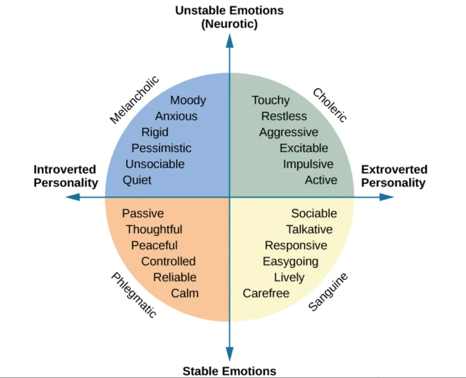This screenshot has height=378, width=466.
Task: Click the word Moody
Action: click(188, 101)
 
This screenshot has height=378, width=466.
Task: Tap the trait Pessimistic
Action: click(161, 148)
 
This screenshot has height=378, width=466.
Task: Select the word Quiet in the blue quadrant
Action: click(137, 180)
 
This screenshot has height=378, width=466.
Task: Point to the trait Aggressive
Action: click(289, 132)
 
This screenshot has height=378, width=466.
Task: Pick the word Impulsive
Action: click(308, 164)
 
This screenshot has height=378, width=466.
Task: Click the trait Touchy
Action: click(271, 101)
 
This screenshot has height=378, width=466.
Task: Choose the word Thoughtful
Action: click(154, 229)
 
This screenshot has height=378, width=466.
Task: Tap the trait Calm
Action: click(184, 293)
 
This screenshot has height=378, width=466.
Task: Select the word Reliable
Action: click(175, 277)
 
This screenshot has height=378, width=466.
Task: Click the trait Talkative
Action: click(309, 229)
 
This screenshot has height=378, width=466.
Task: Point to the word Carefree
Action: click(266, 293)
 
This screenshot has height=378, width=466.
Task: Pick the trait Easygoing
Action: click(290, 262)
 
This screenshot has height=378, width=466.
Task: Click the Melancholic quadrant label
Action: click(134, 100)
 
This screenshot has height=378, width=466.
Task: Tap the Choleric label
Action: click(330, 105)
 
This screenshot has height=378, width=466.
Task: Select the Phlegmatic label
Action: click(134, 295)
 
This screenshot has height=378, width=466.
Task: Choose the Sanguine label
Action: click(328, 292)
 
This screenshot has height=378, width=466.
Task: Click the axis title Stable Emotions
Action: click(229, 371)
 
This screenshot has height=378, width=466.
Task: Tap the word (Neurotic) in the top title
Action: click(229, 24)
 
